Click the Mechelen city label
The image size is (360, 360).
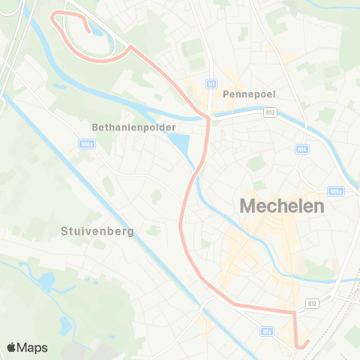(x=281, y=205)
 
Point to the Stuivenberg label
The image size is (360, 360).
(x=97, y=232)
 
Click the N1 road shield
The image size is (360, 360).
(x=212, y=84)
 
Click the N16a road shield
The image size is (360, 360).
(x=84, y=143)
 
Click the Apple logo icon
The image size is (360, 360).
(x=12, y=347)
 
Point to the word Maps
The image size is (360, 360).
(x=33, y=347)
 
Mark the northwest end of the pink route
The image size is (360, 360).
(x=89, y=31)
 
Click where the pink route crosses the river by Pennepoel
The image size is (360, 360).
(x=205, y=117)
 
